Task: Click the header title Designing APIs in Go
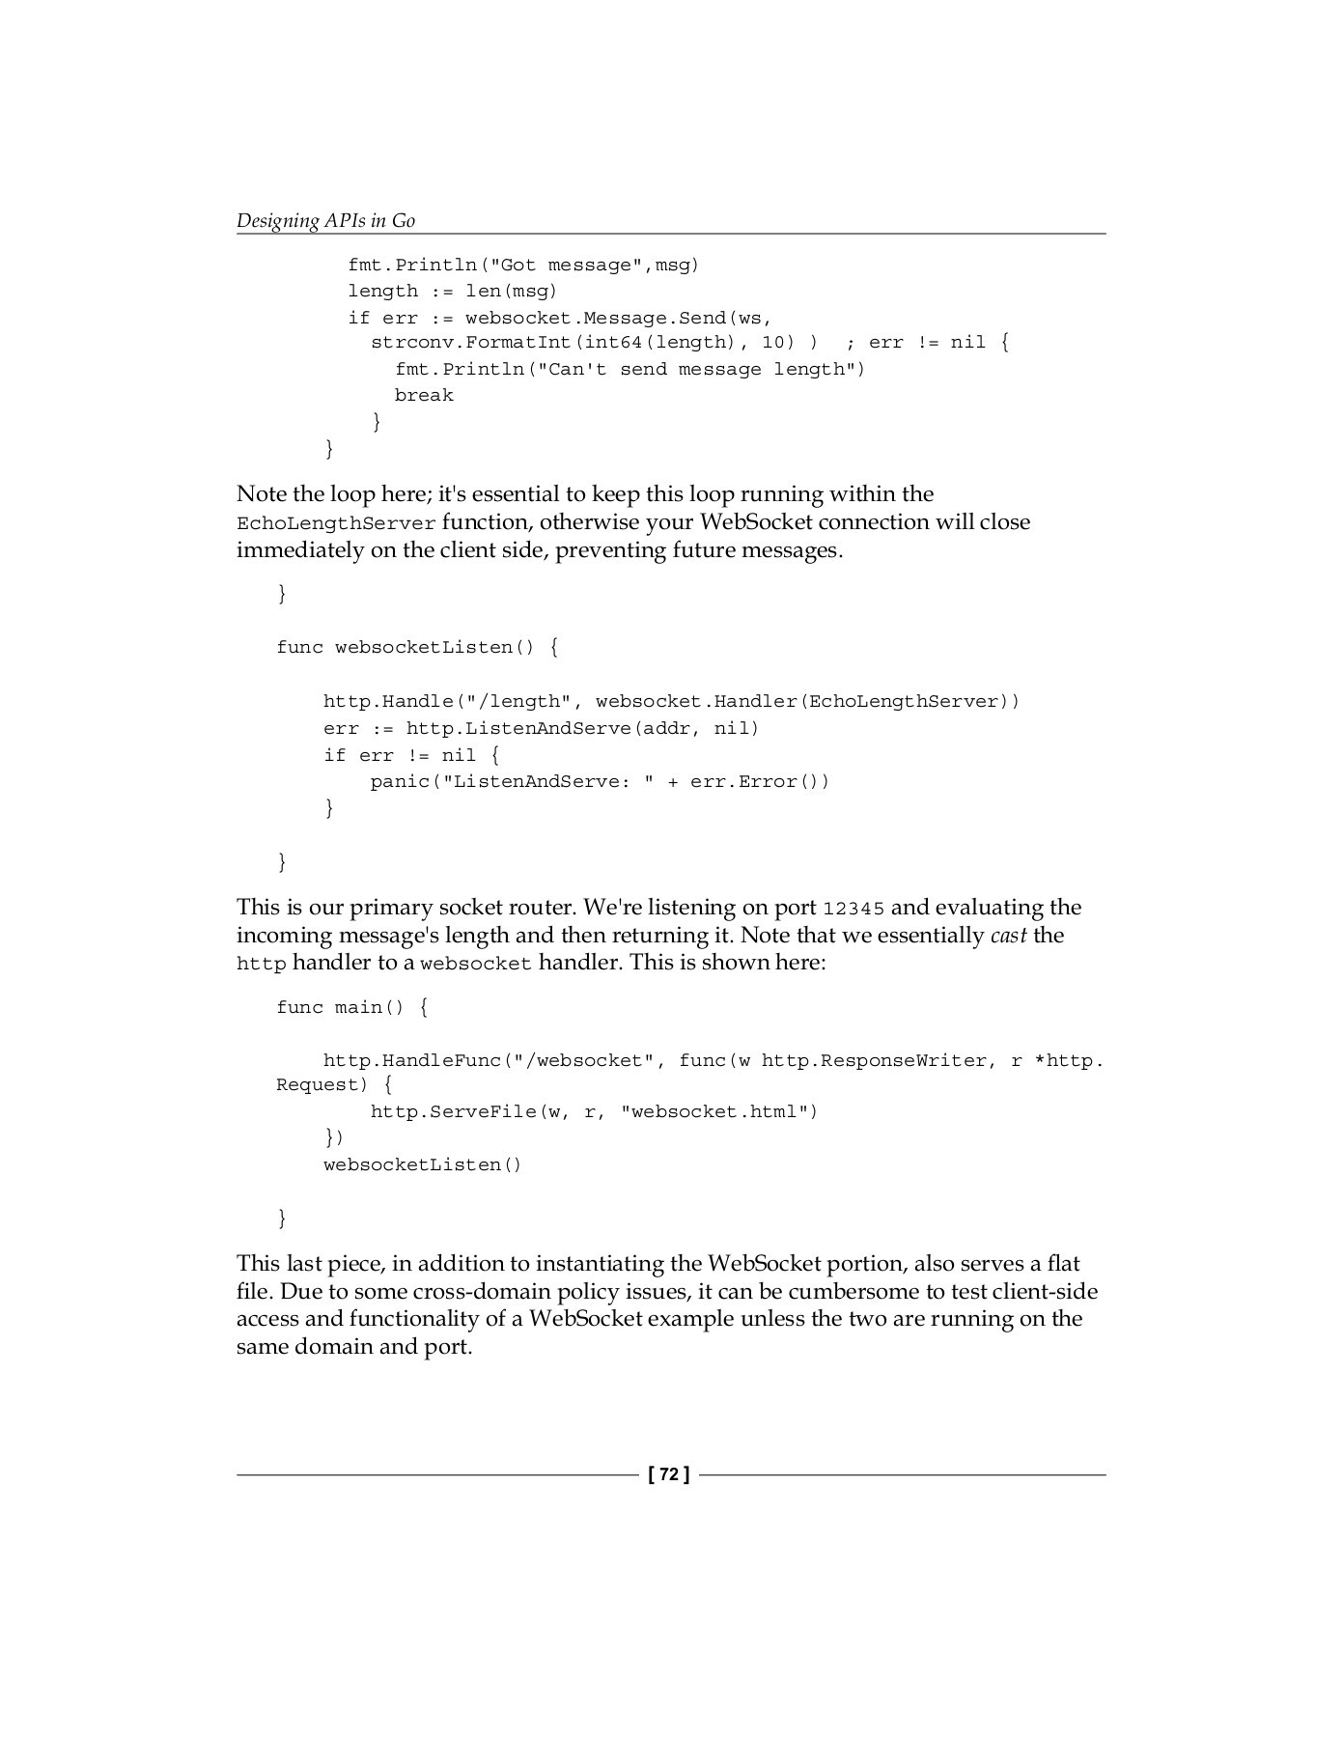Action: (x=325, y=220)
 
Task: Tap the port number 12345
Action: (x=853, y=909)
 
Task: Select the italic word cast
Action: (x=1008, y=935)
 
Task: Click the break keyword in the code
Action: (x=424, y=395)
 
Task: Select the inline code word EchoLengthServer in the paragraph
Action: (x=336, y=523)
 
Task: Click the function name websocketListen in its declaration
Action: (x=424, y=647)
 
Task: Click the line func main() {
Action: (x=352, y=1007)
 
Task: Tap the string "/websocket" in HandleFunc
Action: (x=584, y=1060)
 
